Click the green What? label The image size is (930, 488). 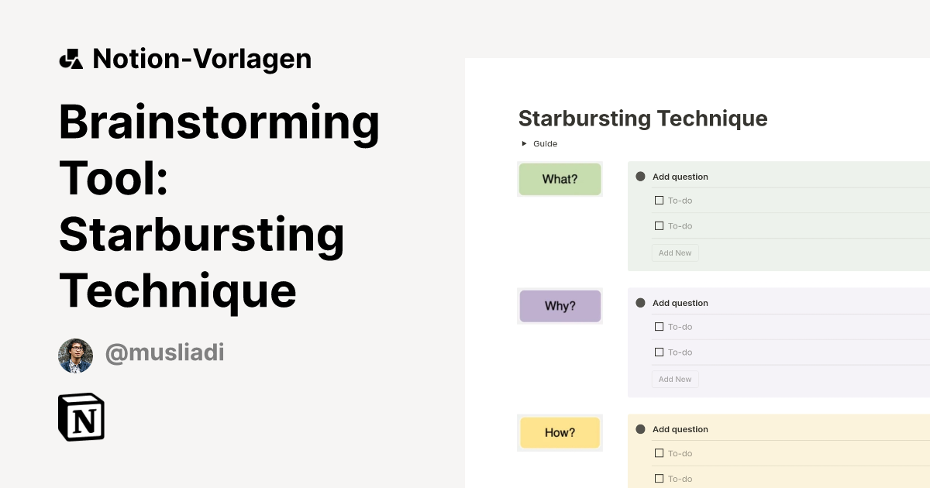pos(560,179)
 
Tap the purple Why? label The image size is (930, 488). pos(560,306)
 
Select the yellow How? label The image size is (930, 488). pos(560,432)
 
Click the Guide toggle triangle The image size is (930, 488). pos(524,143)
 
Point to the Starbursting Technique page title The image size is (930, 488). pos(642,119)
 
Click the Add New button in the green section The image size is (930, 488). pos(674,253)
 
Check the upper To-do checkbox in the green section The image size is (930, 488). pos(660,201)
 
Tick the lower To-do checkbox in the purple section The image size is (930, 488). pos(660,352)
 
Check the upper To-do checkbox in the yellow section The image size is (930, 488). pos(660,453)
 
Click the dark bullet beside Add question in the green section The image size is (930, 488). pos(640,177)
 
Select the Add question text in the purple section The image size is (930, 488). pos(680,303)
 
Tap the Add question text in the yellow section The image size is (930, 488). pos(680,429)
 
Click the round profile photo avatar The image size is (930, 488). pos(75,356)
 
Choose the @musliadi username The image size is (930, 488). pos(164,353)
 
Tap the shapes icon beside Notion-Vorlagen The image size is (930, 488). pos(71,59)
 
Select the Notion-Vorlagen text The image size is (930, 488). pos(201,59)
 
